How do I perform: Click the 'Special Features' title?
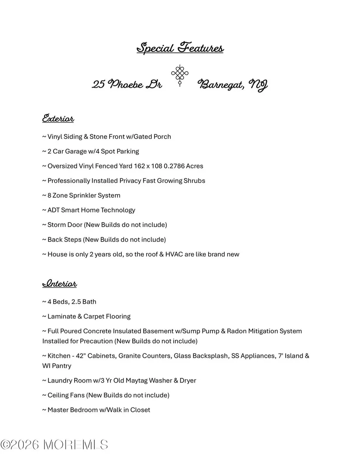(180, 48)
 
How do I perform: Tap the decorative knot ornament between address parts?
(179, 76)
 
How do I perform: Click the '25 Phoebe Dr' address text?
(127, 84)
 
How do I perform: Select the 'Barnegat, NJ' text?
(233, 85)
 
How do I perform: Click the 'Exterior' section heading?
(58, 119)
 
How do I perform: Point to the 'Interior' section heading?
(59, 284)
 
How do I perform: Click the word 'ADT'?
(53, 210)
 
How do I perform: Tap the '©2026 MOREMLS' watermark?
(54, 445)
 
